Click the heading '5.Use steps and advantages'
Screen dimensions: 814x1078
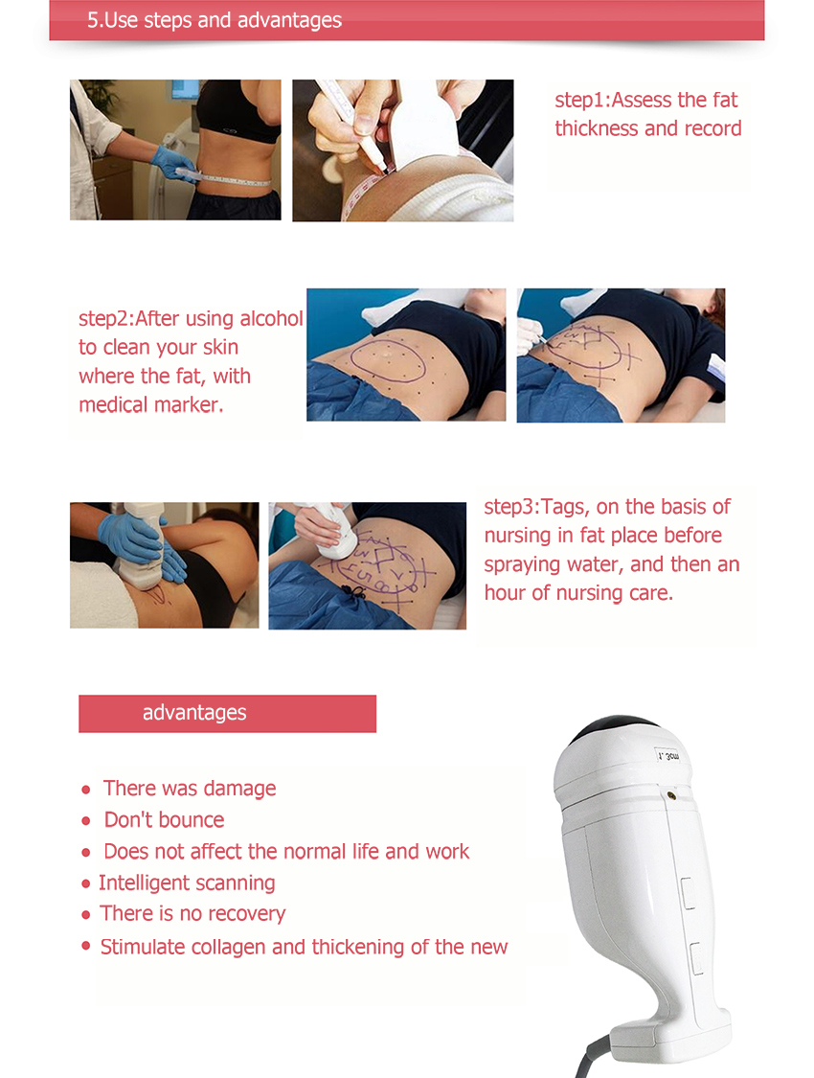point(215,21)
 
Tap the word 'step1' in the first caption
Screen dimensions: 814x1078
point(579,101)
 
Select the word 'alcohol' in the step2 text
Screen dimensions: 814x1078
point(271,318)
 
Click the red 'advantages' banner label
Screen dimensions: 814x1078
point(194,713)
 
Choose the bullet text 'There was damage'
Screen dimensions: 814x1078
point(190,789)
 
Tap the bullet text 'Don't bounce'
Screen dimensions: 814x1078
point(164,819)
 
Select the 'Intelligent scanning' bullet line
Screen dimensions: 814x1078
point(187,883)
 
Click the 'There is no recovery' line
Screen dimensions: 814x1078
point(192,914)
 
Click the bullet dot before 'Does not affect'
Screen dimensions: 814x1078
point(86,853)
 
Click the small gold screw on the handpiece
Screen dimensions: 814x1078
point(671,795)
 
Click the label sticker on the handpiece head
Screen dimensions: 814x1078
point(667,756)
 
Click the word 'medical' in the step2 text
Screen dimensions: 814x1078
point(112,405)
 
